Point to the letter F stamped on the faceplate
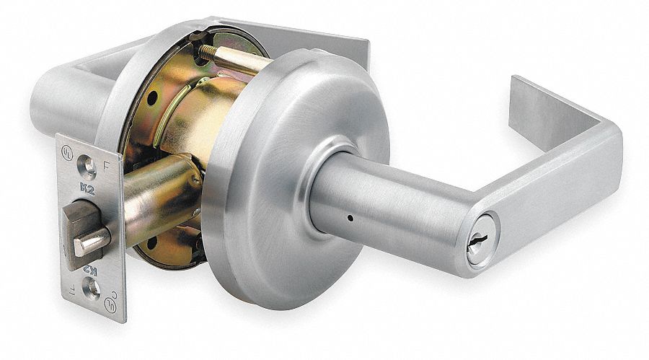pyautogui.click(x=107, y=164)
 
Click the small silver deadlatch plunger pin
pyautogui.click(x=92, y=242)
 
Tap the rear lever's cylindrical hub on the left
pyautogui.click(x=65, y=101)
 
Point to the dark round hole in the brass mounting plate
pyautogui.click(x=154, y=100)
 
